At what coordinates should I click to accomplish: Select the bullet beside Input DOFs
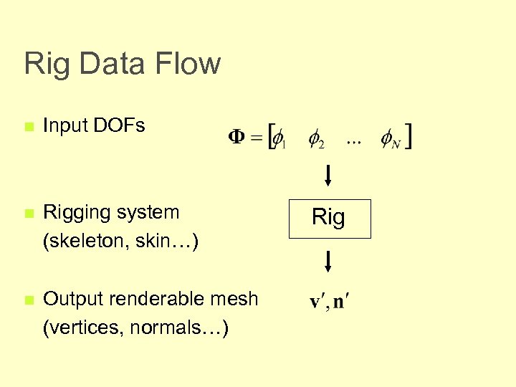[x=29, y=127]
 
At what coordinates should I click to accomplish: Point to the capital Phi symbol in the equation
[x=237, y=136]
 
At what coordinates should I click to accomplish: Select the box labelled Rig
[x=330, y=219]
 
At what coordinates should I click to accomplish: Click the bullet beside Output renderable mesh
[x=29, y=300]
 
